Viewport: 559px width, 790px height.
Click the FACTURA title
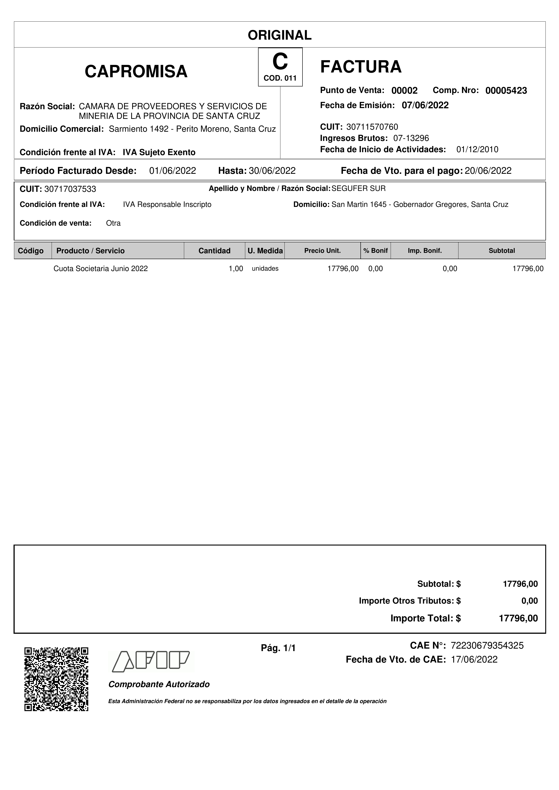click(x=361, y=67)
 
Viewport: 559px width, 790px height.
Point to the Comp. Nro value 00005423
click(x=506, y=91)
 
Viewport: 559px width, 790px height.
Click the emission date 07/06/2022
click(x=425, y=105)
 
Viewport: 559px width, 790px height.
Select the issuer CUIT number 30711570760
click(x=372, y=127)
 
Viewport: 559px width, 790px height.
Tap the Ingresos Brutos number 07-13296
click(x=411, y=138)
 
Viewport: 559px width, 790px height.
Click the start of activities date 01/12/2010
click(x=477, y=149)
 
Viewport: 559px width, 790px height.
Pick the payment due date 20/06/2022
click(x=488, y=171)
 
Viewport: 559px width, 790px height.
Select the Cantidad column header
click(x=214, y=251)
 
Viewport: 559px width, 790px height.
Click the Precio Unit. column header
click(x=322, y=251)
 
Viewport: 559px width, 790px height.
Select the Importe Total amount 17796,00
click(x=518, y=618)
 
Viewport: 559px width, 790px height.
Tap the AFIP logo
click(x=151, y=661)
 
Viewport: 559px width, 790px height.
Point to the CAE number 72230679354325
click(x=487, y=645)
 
